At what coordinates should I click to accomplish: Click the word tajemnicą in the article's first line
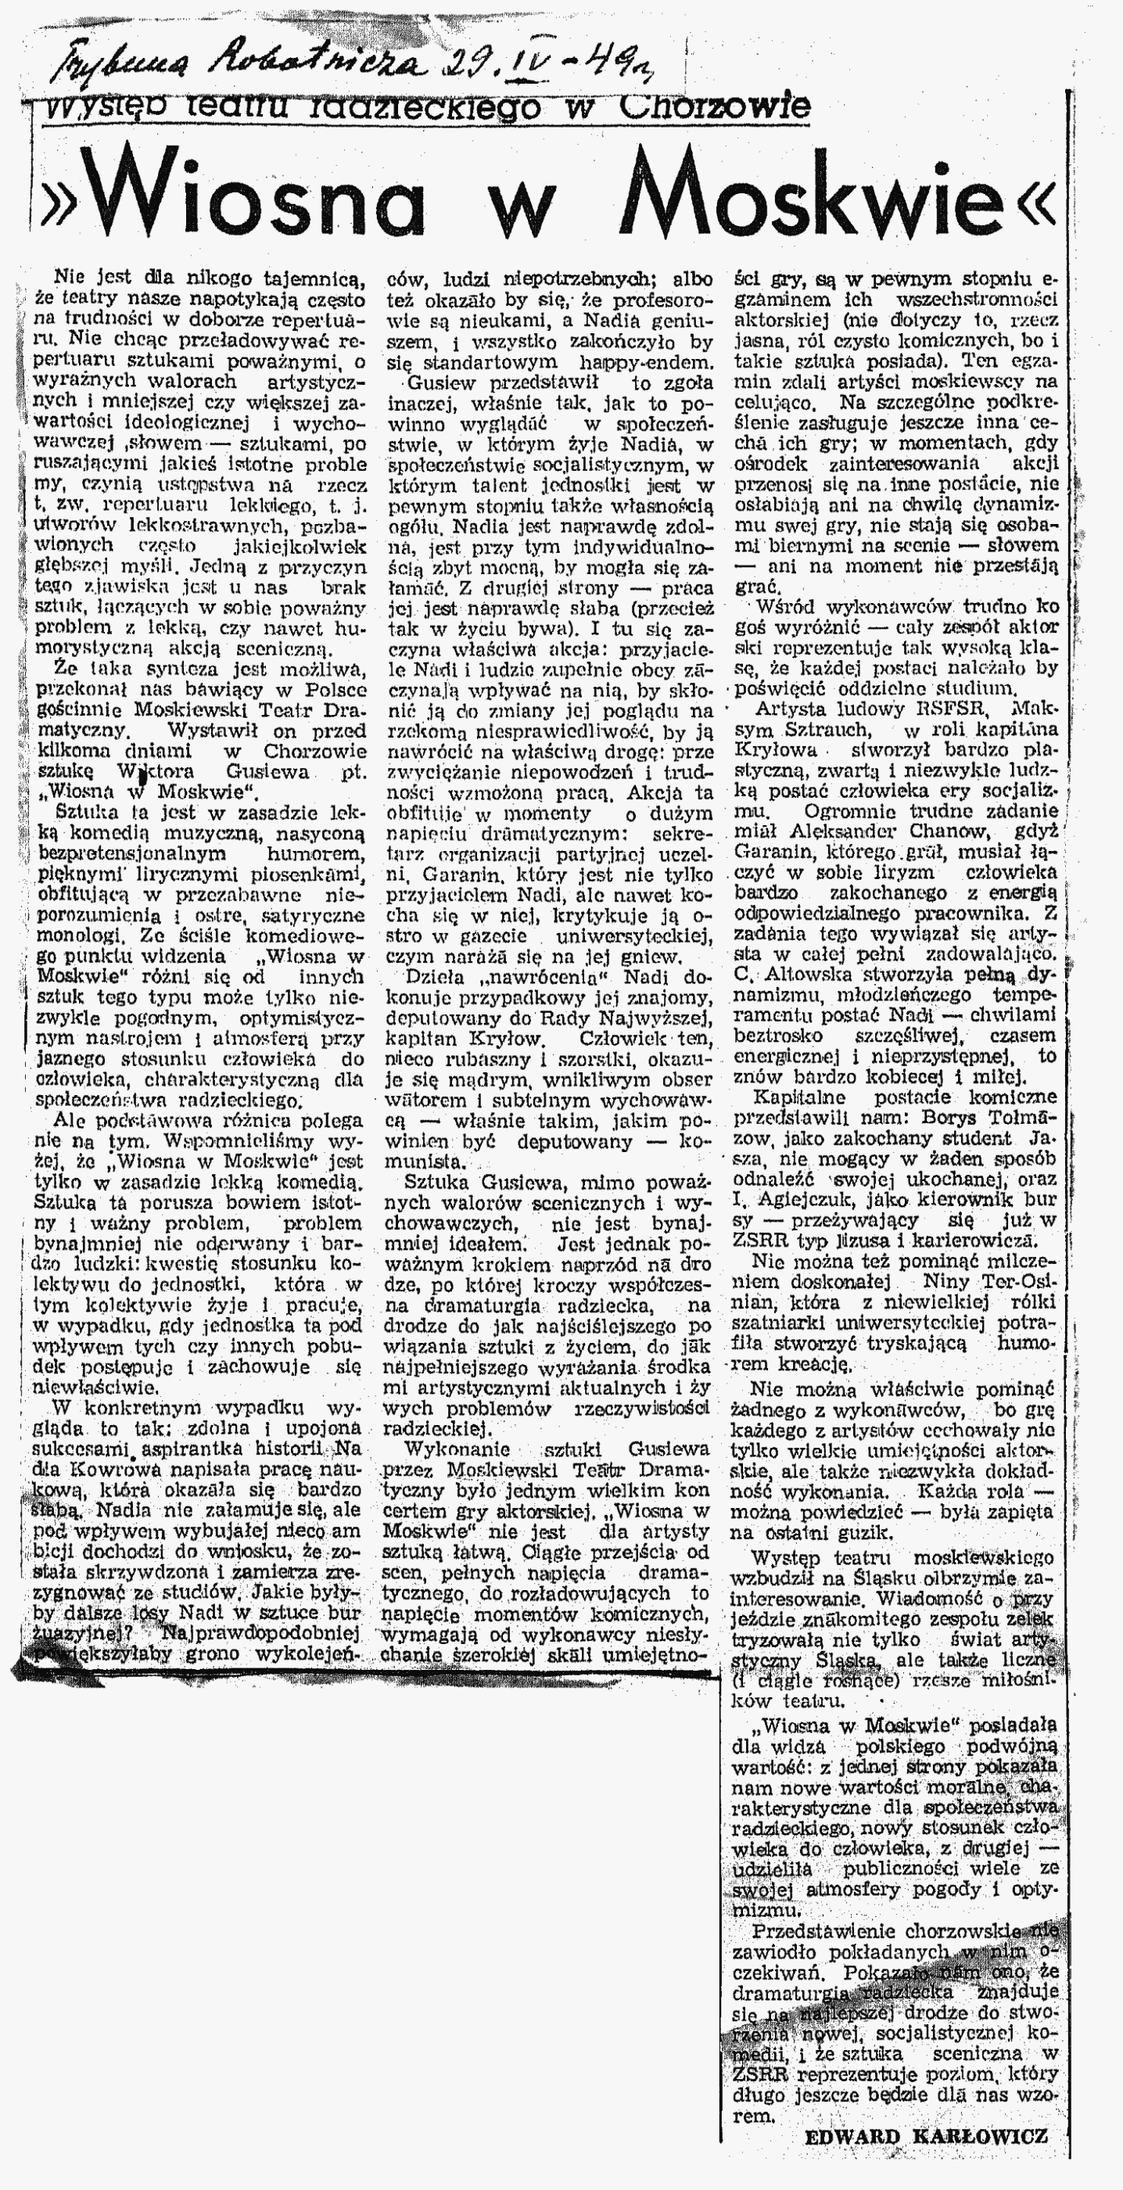[314, 278]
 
